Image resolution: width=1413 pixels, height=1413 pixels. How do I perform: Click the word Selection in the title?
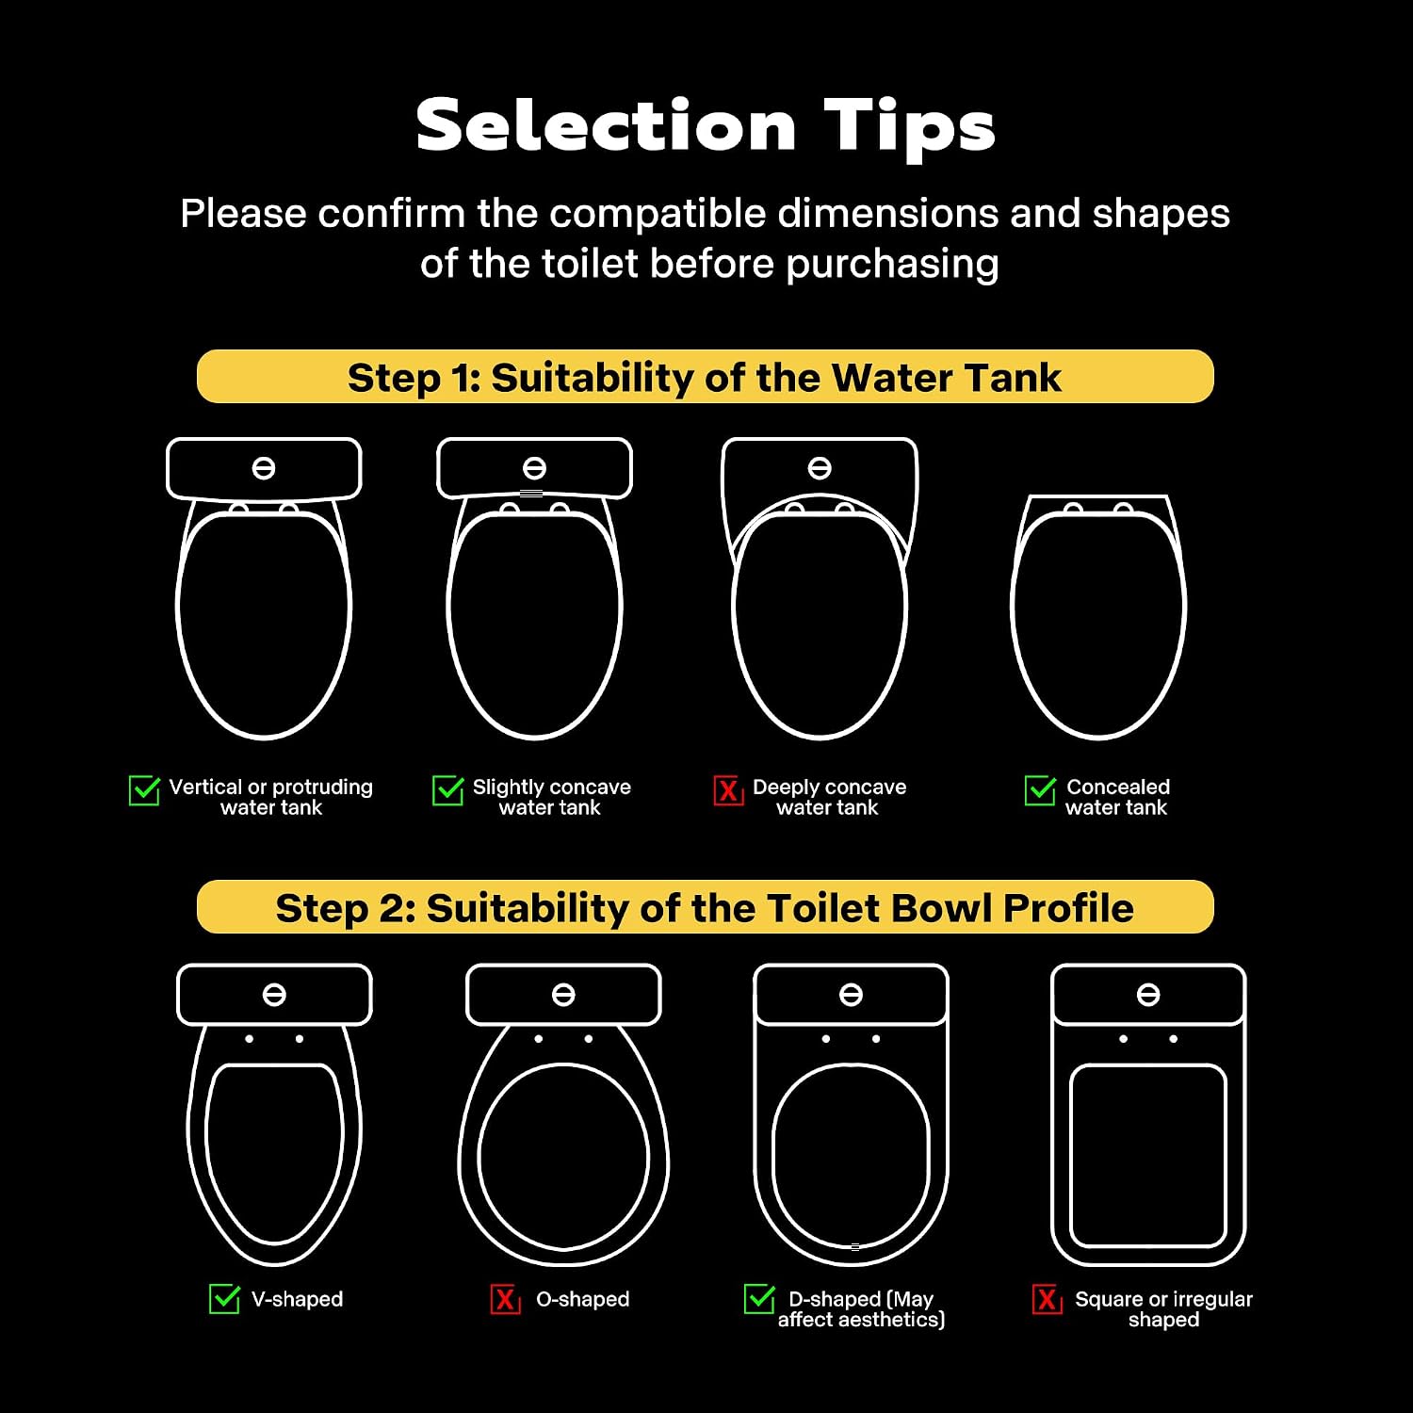606,125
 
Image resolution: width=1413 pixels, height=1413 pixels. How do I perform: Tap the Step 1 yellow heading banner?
705,377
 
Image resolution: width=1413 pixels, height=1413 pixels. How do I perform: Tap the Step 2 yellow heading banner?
705,907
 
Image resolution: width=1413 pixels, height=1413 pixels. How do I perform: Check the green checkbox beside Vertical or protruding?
144,790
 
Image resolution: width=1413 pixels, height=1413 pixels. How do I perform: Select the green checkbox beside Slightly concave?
448,790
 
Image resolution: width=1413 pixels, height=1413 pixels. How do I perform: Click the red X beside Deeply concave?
728,790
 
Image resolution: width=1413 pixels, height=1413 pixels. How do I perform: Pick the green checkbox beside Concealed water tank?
1041,790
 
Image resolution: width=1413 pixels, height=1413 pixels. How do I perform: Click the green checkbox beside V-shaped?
224,1298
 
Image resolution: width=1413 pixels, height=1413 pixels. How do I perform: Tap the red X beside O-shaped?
505,1299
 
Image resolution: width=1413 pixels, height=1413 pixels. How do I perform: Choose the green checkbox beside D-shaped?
760,1298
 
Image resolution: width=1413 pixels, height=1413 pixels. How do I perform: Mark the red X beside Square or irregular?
1047,1299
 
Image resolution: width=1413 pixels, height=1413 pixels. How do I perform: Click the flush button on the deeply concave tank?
820,468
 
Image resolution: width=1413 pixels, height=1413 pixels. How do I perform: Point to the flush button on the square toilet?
1148,995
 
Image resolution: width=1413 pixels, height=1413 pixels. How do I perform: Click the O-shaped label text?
583,1299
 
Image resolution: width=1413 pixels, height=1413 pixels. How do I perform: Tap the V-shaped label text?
298,1299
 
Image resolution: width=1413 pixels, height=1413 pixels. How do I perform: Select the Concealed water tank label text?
1117,797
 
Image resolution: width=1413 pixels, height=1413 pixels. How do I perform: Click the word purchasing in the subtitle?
892,265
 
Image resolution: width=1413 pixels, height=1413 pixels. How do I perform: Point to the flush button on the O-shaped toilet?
563,995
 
